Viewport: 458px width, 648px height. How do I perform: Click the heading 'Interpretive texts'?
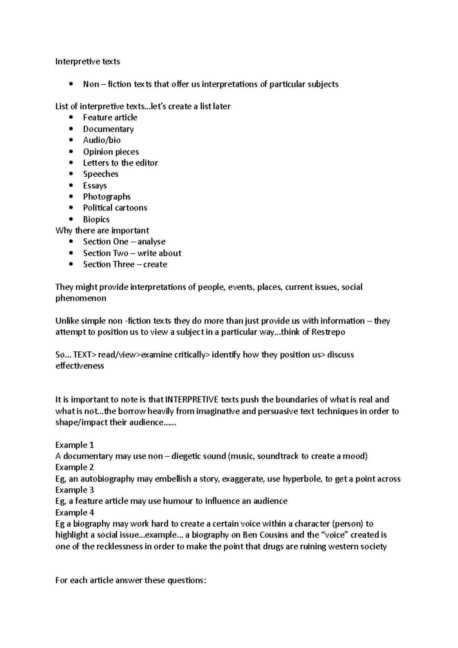click(x=87, y=61)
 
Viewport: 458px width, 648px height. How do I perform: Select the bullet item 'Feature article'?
click(x=110, y=118)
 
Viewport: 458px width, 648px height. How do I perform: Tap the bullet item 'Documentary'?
click(x=108, y=129)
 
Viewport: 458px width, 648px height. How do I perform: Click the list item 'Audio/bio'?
click(x=102, y=140)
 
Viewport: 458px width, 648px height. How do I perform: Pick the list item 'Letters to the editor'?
click(x=120, y=163)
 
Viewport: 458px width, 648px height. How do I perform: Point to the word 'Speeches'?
click(x=101, y=174)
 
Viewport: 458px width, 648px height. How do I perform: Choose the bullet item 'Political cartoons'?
click(x=115, y=208)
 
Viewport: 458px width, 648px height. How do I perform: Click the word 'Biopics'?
click(x=96, y=219)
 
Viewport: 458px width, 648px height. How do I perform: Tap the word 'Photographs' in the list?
click(x=107, y=197)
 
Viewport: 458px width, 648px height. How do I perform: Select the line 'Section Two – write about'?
click(x=132, y=253)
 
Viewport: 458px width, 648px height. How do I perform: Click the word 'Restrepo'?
click(x=328, y=332)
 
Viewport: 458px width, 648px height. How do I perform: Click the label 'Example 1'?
click(x=74, y=445)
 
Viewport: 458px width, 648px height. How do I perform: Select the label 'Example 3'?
click(x=74, y=490)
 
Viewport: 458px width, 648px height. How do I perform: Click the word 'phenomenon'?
click(x=81, y=298)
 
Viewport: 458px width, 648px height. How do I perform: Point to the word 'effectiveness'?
click(x=79, y=366)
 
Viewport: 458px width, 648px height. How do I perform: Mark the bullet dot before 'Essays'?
click(x=71, y=186)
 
